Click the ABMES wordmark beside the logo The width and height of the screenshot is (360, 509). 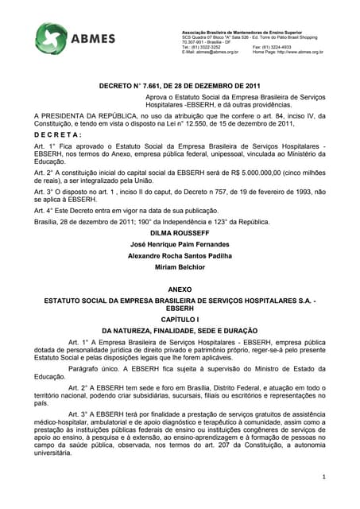pos(95,39)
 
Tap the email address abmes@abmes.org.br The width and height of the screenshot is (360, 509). pos(215,52)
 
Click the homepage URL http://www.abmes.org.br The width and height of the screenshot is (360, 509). pos(298,52)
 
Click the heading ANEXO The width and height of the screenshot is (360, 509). pos(180,291)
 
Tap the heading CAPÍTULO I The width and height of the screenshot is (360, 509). pos(180,317)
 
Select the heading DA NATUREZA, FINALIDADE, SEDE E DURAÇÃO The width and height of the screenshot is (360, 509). pos(180,329)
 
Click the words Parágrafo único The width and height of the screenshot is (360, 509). pos(93,368)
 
